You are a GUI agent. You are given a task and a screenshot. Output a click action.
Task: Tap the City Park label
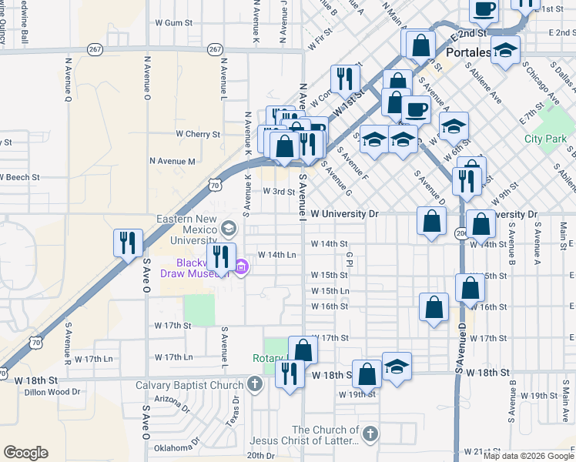tap(545, 139)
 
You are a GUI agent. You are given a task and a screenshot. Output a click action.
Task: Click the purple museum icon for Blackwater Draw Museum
tap(242, 267)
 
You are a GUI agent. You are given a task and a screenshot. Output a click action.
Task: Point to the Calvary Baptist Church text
tap(190, 385)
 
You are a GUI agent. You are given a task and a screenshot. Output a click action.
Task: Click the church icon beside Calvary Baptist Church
tap(255, 384)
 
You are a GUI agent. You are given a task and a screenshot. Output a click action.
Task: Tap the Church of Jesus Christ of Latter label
tap(325, 435)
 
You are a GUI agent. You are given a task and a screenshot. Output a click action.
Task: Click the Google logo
tap(25, 453)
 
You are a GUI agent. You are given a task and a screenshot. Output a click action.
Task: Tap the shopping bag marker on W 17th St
tap(303, 350)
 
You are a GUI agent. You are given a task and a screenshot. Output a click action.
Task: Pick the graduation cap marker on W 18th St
tap(397, 366)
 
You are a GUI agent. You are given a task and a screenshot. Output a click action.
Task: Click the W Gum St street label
tap(173, 23)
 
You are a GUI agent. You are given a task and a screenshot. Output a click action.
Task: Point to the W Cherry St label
tap(198, 134)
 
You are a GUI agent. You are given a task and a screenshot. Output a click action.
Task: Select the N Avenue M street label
tap(172, 161)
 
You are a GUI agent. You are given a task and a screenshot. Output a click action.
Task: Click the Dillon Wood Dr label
tap(52, 392)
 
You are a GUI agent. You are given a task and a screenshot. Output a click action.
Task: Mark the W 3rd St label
tap(280, 192)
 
